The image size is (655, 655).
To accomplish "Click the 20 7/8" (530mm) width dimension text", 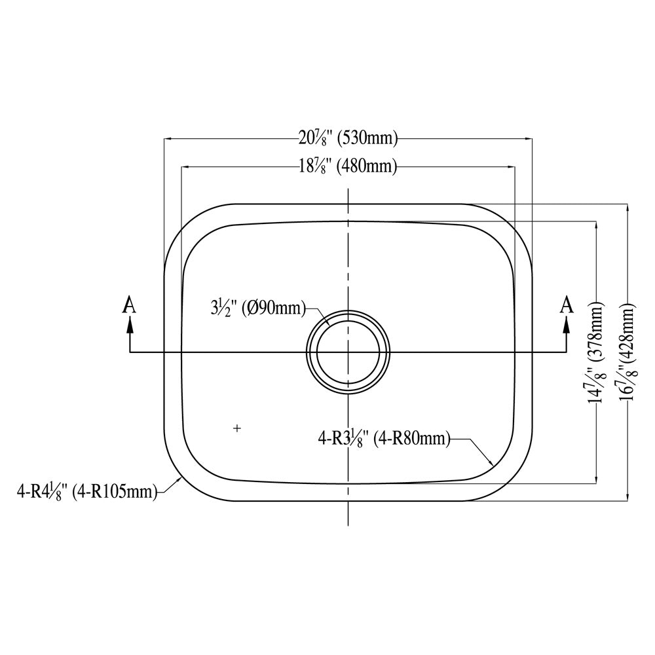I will pos(348,138).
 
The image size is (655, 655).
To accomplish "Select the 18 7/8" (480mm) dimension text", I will pos(348,166).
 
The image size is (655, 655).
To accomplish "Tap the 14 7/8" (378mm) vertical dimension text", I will pos(595,354).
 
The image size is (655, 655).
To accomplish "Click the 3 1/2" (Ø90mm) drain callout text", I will pos(255,307).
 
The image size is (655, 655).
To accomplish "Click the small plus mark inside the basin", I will pos(237,428).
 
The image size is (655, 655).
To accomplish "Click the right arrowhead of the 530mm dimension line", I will pos(529,139).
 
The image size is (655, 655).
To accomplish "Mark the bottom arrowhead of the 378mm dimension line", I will pos(596,479).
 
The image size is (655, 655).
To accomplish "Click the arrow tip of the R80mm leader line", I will pos(492,465).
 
